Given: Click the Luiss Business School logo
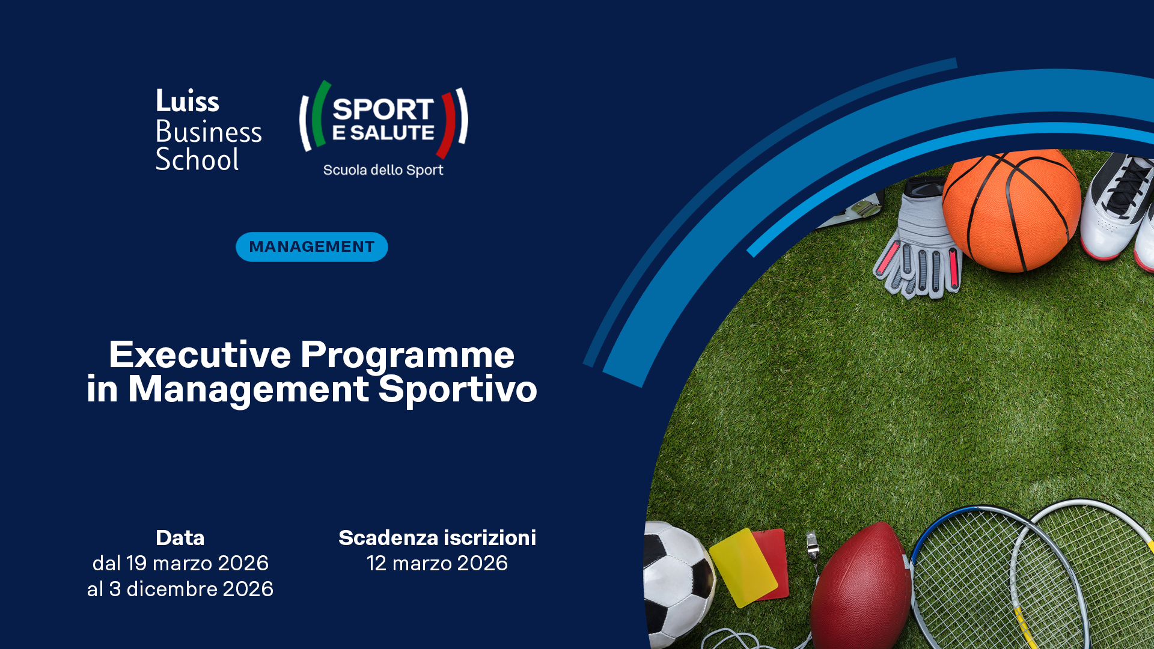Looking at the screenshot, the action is pyautogui.click(x=209, y=130).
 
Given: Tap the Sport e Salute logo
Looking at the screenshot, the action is pyautogui.click(x=383, y=129).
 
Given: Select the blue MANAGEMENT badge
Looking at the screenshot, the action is pyautogui.click(x=312, y=247).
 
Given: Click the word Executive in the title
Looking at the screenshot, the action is pyautogui.click(x=200, y=355).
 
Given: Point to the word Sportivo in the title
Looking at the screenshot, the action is pyautogui.click(x=458, y=389).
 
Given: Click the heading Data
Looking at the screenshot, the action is pyautogui.click(x=180, y=538).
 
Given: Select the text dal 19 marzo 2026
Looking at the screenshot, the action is pyautogui.click(x=180, y=563).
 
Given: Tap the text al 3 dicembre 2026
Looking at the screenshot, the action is pyautogui.click(x=180, y=589).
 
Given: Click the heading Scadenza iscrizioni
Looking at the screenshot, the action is pyautogui.click(x=438, y=538).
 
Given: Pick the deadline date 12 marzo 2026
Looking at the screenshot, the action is pyautogui.click(x=438, y=563).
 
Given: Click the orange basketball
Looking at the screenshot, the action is pyautogui.click(x=1012, y=210).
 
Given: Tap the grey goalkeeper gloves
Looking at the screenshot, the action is pyautogui.click(x=920, y=240).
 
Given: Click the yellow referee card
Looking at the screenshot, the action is pyautogui.click(x=744, y=568).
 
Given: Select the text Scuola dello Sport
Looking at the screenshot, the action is pyautogui.click(x=383, y=170).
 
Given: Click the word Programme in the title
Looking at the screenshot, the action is pyautogui.click(x=408, y=356).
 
